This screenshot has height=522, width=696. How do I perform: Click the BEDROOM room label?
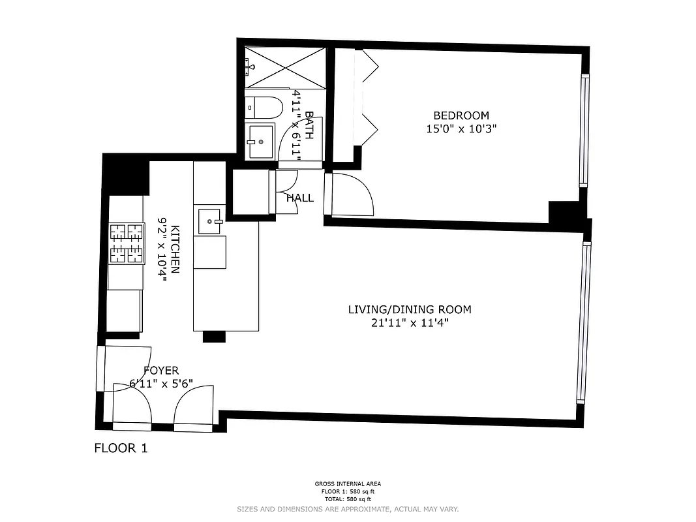click(x=461, y=116)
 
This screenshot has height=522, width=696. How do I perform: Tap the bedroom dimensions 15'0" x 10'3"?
click(x=461, y=129)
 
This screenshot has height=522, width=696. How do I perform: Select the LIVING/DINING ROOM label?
click(x=409, y=310)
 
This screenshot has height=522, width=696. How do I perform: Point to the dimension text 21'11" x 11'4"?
click(x=409, y=322)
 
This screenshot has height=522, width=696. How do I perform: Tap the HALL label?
click(x=300, y=198)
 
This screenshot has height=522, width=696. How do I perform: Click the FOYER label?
click(x=160, y=371)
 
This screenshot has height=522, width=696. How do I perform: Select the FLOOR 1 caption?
click(x=121, y=448)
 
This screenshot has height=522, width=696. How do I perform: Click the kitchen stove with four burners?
click(x=126, y=243)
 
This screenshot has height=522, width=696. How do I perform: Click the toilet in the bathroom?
click(x=264, y=106)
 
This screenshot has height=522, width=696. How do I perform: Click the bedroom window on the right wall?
click(x=584, y=130)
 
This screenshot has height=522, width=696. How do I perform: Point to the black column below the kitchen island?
click(x=214, y=337)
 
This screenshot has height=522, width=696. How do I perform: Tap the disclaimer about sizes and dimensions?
click(x=348, y=508)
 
